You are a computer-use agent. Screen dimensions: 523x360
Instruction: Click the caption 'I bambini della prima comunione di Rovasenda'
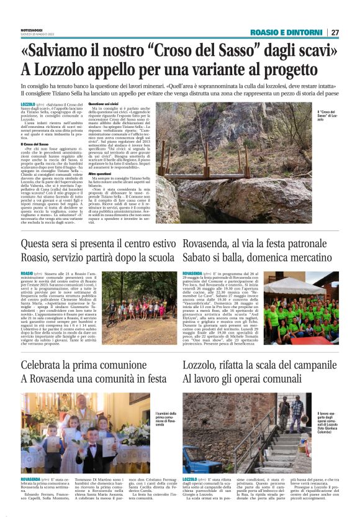pos(164,420)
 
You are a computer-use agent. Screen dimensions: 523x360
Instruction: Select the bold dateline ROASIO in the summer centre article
pos(27,273)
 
